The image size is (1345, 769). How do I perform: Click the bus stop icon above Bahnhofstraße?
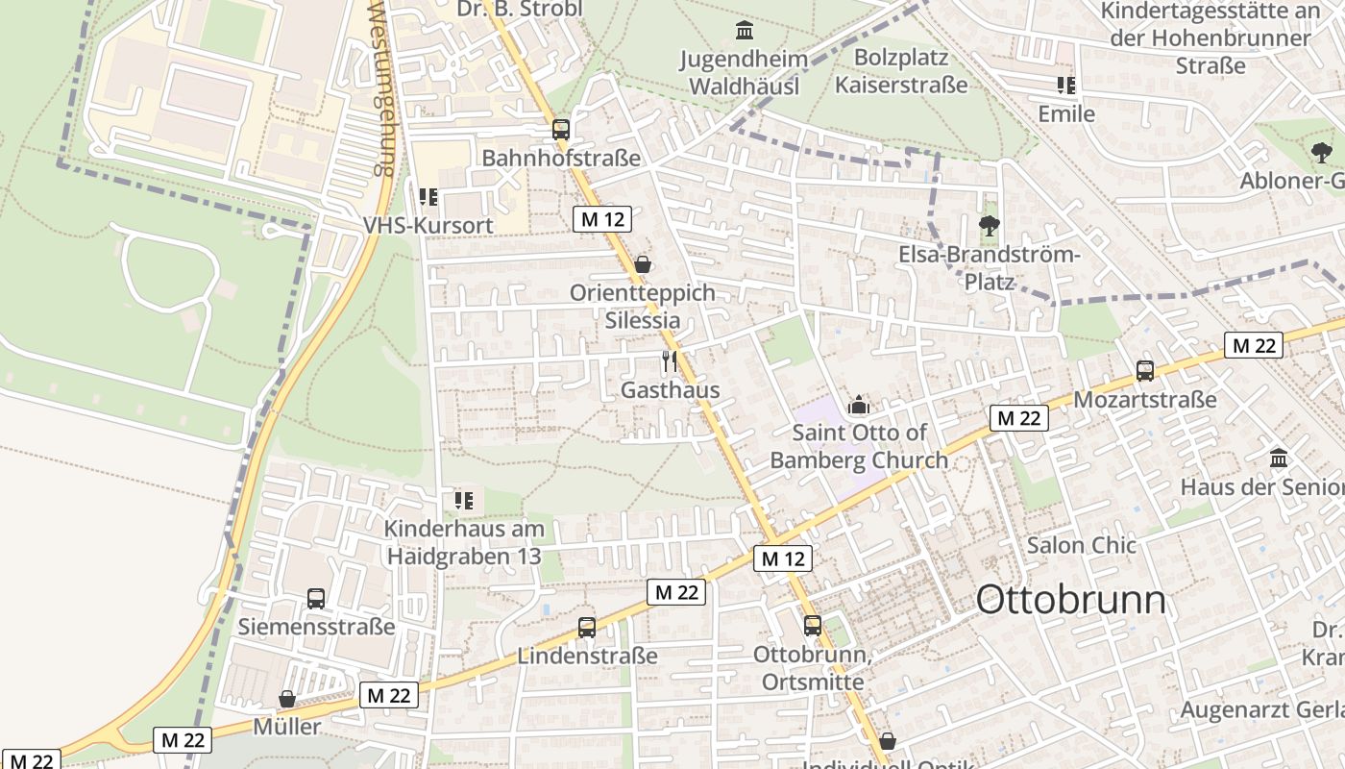561,129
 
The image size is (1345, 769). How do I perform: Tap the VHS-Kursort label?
428,225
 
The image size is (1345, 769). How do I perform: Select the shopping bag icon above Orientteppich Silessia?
643,263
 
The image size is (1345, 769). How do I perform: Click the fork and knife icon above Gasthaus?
670,361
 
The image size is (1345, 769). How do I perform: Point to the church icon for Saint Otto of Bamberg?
859,405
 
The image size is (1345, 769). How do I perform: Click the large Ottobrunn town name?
1070,600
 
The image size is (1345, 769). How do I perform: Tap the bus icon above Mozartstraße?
1144,370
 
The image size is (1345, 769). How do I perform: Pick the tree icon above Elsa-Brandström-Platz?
989,227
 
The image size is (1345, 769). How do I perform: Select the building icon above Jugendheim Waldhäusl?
745,31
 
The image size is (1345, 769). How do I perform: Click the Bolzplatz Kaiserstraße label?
901,71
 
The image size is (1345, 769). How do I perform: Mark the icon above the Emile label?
1065,86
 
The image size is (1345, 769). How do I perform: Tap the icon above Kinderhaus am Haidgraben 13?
464,500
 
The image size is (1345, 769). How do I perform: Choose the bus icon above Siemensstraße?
316,598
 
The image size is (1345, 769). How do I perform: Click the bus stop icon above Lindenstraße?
587,628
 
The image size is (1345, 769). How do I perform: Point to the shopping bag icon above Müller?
287,699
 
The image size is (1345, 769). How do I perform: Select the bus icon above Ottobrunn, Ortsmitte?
813,625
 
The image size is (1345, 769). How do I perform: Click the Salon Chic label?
1081,545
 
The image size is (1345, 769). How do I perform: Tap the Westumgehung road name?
381,87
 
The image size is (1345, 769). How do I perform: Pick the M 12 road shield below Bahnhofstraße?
602,219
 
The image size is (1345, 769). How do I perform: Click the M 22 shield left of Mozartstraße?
1018,418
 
